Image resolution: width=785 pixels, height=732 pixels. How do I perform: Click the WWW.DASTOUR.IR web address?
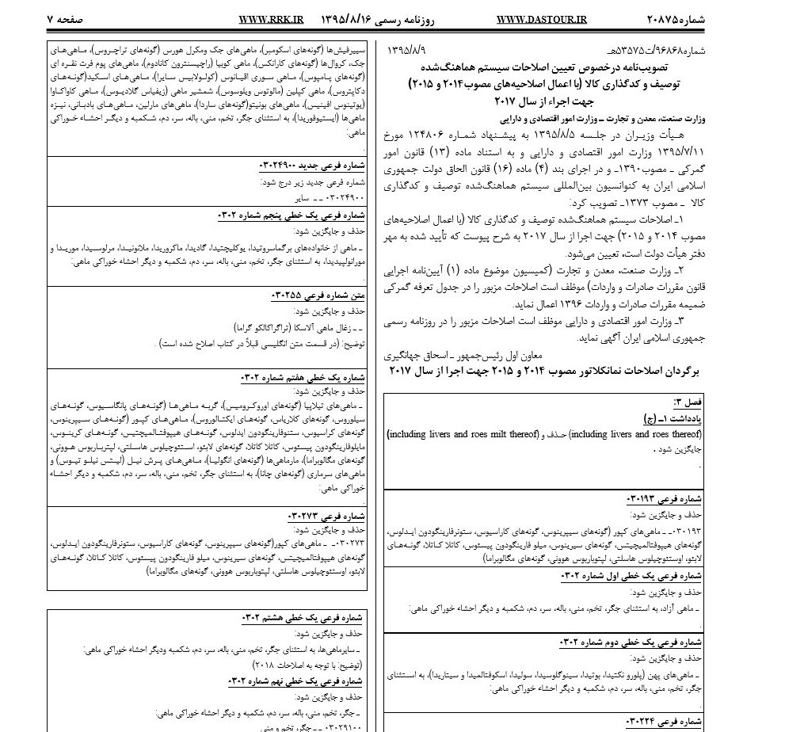pos(543,17)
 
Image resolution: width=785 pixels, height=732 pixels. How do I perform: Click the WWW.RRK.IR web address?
pos(270,17)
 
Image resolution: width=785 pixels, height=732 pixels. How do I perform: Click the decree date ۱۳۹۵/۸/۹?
pos(409,49)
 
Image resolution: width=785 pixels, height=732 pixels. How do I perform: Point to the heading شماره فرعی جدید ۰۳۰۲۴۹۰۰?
pos(311,166)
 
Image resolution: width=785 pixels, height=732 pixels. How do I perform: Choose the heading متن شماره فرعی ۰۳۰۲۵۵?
pos(318,295)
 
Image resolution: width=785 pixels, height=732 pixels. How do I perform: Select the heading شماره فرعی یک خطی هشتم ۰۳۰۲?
pos(302,618)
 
